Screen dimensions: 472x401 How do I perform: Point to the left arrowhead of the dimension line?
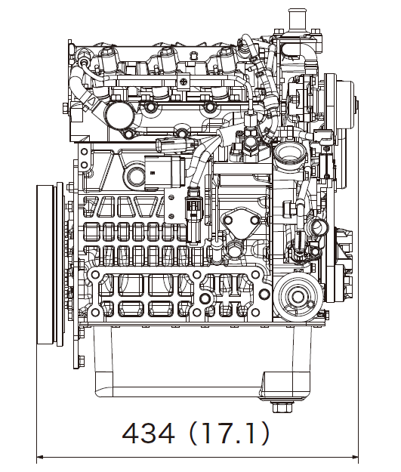[41, 456]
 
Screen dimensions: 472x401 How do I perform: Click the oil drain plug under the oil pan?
[282, 407]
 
